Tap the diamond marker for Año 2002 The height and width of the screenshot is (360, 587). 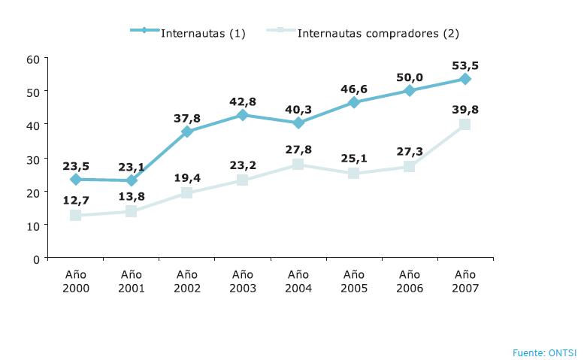pyautogui.click(x=187, y=132)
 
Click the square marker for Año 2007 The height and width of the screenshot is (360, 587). pyautogui.click(x=464, y=125)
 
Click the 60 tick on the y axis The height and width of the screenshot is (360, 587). pyautogui.click(x=32, y=59)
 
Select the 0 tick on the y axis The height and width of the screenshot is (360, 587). pyautogui.click(x=35, y=259)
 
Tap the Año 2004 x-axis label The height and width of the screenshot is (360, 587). pyautogui.click(x=298, y=281)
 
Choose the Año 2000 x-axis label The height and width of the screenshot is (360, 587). pyautogui.click(x=76, y=281)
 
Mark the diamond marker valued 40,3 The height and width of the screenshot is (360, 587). pyautogui.click(x=298, y=123)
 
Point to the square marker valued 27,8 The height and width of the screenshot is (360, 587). pyautogui.click(x=298, y=165)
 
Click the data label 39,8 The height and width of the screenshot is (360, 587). pyautogui.click(x=465, y=109)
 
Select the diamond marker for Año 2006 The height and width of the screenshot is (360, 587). pyautogui.click(x=410, y=90)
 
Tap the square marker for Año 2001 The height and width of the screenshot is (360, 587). pyautogui.click(x=132, y=211)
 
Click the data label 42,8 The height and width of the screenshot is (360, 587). pyautogui.click(x=243, y=100)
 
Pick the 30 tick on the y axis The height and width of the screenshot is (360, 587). pyautogui.click(x=32, y=159)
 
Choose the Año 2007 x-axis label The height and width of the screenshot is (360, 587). pyautogui.click(x=465, y=281)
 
